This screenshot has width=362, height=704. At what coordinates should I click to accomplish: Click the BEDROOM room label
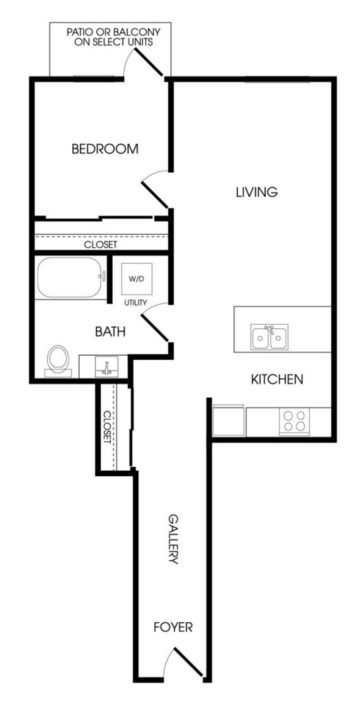(105, 149)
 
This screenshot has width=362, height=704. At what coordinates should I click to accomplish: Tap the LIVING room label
(257, 192)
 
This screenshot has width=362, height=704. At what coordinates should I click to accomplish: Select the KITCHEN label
(277, 379)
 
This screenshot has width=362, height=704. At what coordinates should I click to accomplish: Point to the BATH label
(110, 332)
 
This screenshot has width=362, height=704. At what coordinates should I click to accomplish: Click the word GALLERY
(173, 539)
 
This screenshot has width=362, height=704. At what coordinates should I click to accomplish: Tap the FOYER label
(173, 627)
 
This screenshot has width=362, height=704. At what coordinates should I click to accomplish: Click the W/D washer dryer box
(136, 279)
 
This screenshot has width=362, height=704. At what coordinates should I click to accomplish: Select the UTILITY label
(136, 303)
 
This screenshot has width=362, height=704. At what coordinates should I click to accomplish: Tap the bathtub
(72, 277)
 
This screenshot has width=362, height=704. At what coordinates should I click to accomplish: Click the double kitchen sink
(270, 337)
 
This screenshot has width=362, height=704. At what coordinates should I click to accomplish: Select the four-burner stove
(294, 422)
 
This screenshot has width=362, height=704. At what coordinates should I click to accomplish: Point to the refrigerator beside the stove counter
(228, 420)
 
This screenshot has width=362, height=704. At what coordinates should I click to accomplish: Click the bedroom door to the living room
(155, 189)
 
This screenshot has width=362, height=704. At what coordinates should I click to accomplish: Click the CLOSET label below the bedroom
(100, 245)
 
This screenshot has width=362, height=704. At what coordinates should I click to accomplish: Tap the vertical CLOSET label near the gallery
(107, 427)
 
